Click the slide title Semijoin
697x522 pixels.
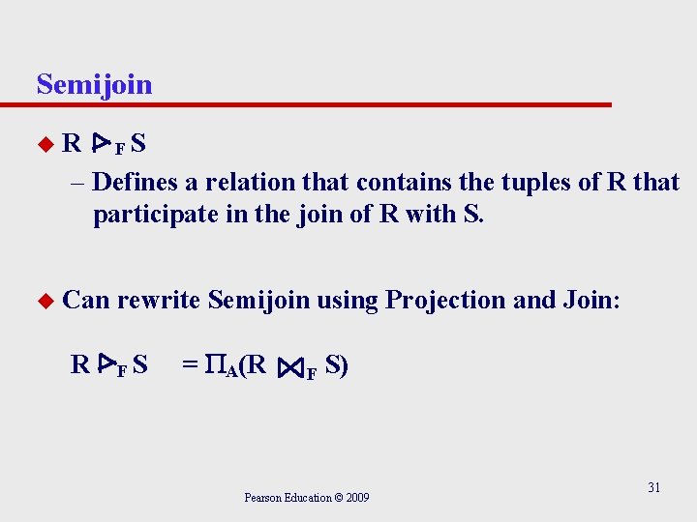click(94, 84)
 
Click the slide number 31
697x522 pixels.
click(653, 487)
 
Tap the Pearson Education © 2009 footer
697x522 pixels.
click(306, 498)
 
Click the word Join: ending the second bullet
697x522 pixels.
click(589, 300)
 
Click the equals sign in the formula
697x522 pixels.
click(190, 365)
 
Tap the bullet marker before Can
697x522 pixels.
click(43, 301)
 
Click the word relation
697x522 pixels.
click(251, 182)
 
